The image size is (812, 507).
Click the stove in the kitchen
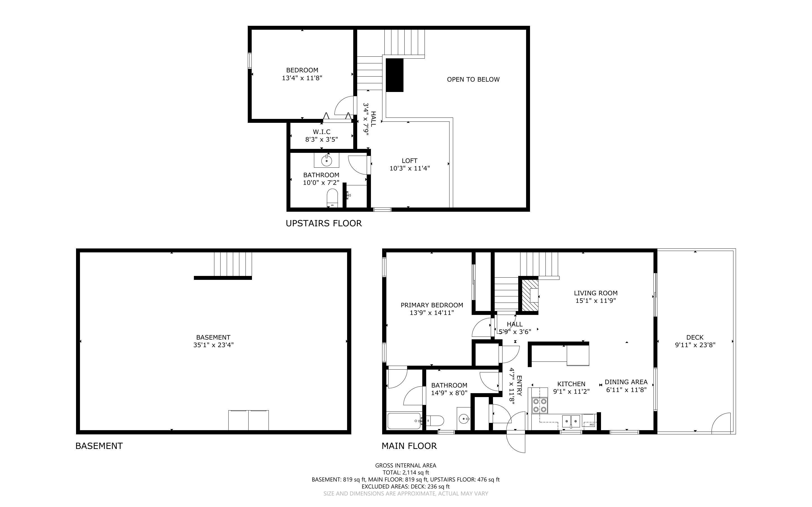[539, 405]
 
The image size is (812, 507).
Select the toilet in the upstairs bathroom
[332, 198]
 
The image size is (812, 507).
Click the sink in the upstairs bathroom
[326, 161]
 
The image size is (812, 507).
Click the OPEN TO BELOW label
[473, 79]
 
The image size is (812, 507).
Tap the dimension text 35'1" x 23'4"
[213, 345]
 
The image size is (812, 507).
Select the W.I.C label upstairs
[322, 132]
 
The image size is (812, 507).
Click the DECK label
[695, 337]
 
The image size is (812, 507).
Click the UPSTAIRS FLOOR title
[324, 223]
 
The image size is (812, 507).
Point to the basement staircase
[233, 264]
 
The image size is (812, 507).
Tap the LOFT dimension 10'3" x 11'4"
[410, 168]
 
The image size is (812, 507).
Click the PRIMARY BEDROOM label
[432, 305]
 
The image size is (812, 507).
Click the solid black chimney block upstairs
[394, 75]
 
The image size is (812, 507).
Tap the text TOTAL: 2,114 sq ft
[405, 473]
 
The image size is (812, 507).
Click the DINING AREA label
[626, 382]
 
